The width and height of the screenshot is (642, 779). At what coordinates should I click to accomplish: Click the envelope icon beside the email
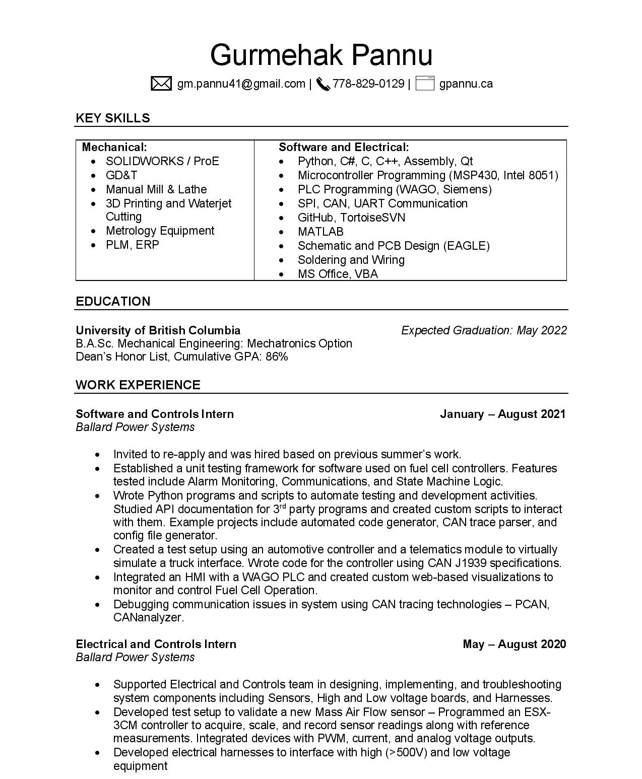[x=161, y=84]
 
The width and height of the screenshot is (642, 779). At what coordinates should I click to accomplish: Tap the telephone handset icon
[x=323, y=84]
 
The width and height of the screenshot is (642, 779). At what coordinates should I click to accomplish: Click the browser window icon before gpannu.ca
[x=425, y=84]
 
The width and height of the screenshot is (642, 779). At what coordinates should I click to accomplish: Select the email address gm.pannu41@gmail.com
[x=241, y=84]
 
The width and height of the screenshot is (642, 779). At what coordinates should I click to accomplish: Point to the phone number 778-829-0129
[x=368, y=84]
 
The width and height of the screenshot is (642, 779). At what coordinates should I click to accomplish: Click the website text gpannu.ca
[x=466, y=84]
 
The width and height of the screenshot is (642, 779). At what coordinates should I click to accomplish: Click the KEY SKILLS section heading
[x=113, y=118]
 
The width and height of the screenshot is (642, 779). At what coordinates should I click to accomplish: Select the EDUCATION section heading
[x=113, y=301]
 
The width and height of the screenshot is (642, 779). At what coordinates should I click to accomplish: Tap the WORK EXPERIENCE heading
[x=138, y=385]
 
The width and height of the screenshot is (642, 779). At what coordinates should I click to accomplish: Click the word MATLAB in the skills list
[x=320, y=232]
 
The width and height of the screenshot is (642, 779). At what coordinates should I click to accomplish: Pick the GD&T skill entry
[x=121, y=175]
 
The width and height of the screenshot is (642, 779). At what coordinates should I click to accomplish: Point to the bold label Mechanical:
[x=114, y=147]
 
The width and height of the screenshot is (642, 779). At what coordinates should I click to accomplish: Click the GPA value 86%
[x=277, y=357]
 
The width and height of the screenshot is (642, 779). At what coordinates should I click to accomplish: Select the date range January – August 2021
[x=502, y=414]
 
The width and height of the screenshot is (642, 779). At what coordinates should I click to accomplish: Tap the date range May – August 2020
[x=514, y=644]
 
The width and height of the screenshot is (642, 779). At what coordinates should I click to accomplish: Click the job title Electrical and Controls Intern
[x=156, y=644]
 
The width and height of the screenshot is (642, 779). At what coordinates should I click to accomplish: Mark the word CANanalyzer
[x=148, y=617]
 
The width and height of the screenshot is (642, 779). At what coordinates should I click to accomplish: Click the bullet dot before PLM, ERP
[x=94, y=245]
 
